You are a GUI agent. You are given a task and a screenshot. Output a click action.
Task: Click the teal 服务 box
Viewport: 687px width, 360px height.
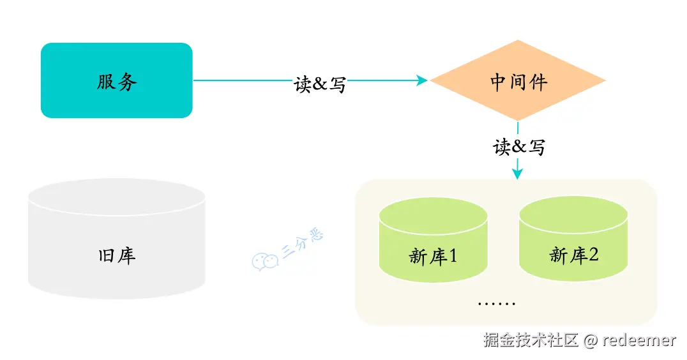point(117,80)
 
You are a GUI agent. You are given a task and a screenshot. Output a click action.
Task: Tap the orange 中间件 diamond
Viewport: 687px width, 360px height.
point(518,80)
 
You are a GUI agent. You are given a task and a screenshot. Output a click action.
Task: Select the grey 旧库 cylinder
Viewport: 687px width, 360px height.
point(117,239)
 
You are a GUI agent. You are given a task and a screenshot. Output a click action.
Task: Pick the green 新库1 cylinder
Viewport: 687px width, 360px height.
point(434,239)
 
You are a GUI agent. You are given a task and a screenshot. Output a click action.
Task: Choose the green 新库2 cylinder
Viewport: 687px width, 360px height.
point(573,239)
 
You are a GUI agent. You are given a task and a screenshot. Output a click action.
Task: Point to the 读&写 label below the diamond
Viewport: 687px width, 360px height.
point(519,147)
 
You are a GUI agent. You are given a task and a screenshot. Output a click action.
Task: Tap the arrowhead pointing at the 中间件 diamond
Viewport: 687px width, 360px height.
point(422,80)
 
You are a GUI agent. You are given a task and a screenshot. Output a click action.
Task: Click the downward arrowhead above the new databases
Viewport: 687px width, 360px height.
point(517,174)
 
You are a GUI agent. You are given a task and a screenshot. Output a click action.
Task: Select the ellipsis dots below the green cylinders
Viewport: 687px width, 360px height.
point(497,303)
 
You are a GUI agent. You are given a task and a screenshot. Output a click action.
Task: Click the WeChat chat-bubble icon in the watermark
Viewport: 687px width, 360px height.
point(265,262)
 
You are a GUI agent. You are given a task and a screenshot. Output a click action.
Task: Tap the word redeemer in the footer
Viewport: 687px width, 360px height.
point(639,340)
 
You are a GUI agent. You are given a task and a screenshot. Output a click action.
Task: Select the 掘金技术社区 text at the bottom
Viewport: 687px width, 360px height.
point(531,340)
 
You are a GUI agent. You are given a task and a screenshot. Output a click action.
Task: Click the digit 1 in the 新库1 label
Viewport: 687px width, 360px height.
point(453,255)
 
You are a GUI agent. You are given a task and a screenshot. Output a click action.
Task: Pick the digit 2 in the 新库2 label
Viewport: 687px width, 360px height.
point(593,254)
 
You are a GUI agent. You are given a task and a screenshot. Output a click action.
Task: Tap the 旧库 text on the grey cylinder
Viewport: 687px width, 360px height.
point(117,256)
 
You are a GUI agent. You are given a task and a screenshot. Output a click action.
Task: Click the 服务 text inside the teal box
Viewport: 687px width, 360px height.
point(117,82)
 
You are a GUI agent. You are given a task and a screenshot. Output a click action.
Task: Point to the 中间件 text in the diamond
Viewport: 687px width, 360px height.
point(518,82)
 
